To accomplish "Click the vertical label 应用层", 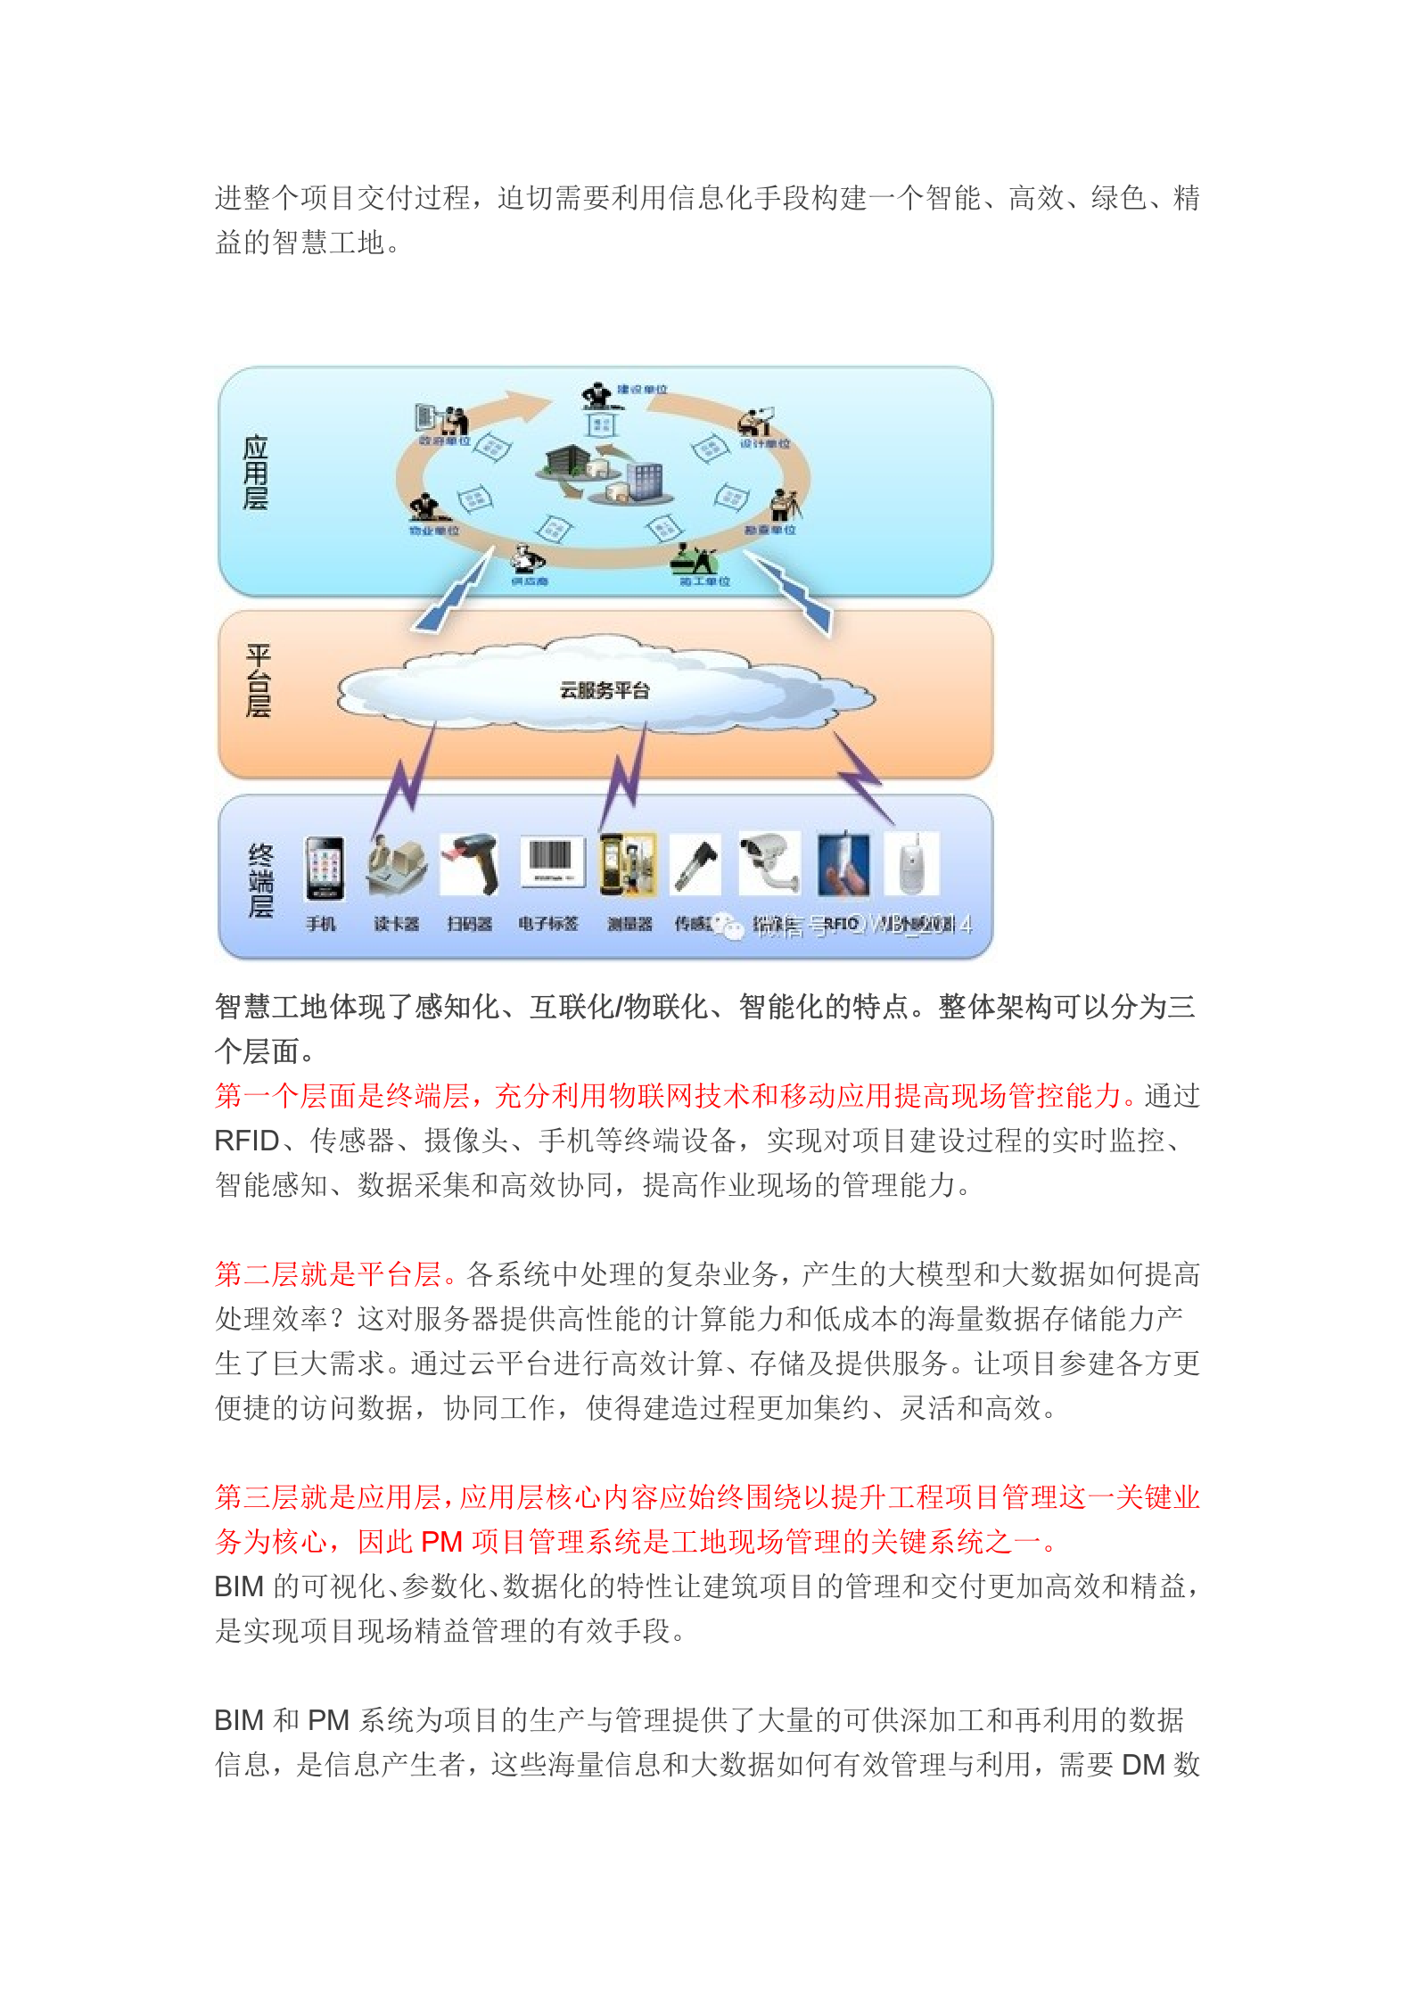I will coord(256,473).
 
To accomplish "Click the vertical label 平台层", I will coord(258,680).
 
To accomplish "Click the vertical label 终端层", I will coord(260,880).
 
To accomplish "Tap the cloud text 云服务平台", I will coord(605,690).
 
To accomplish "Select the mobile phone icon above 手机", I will coord(325,867).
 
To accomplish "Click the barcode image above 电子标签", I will coord(552,860).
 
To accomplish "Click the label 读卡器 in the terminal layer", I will coord(396,924).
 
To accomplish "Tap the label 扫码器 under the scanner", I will coord(470,924).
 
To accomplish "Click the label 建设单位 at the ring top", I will coord(642,390).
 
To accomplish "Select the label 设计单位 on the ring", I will coord(765,443).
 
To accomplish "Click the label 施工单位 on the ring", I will coord(704,581).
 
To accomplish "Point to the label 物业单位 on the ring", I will coord(434,531).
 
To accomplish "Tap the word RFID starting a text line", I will coord(247,1141).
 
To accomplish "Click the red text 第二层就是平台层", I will coord(328,1274).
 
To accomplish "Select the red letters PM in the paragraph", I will coord(441,1542).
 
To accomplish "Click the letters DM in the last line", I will coord(1143,1765).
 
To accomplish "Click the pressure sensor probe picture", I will coord(695,863).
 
